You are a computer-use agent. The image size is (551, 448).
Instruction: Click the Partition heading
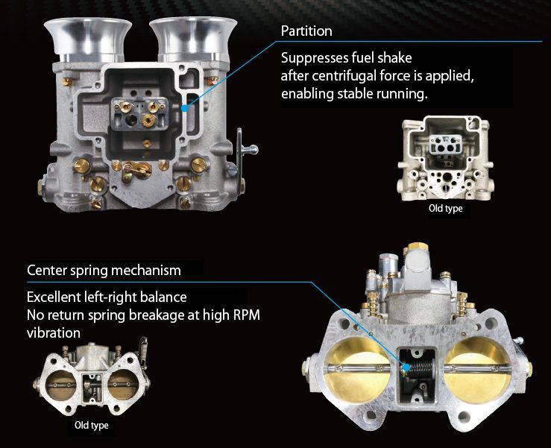(306, 31)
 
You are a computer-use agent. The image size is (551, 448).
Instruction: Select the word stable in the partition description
(356, 93)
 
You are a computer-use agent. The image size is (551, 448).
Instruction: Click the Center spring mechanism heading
(104, 270)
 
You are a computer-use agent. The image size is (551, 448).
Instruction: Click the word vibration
(54, 332)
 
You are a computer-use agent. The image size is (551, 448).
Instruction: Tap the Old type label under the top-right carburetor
(446, 209)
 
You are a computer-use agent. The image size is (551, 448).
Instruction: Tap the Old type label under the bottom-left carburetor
(92, 426)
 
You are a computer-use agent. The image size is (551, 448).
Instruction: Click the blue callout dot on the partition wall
(185, 108)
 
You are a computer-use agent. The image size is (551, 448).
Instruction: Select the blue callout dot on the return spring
(406, 368)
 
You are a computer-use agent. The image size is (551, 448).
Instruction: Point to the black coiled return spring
(420, 369)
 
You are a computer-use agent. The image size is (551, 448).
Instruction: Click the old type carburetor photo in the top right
(446, 158)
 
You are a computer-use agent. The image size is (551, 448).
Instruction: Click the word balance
(163, 297)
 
